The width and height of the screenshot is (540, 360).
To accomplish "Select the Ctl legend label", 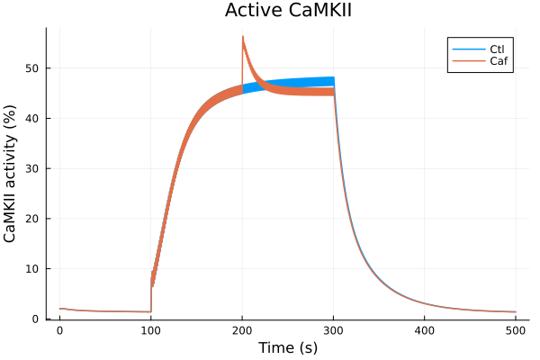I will click(x=497, y=48).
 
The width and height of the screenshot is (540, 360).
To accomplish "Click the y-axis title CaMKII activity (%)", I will click(x=11, y=173).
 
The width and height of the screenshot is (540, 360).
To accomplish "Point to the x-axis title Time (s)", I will click(x=287, y=347).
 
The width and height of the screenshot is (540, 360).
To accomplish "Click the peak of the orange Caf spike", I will click(x=243, y=37).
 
